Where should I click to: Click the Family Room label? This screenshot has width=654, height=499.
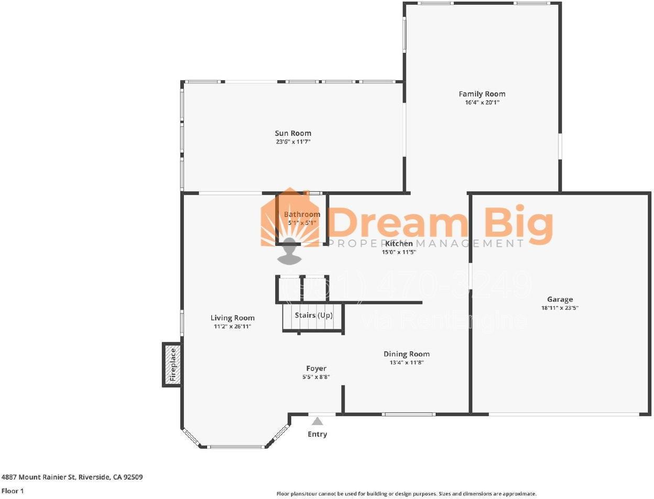pos(482,94)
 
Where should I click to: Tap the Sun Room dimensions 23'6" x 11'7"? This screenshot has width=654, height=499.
pos(293,142)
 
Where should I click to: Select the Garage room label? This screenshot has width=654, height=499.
pos(560,299)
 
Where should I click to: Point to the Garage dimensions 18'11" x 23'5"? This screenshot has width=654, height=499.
pos(560,308)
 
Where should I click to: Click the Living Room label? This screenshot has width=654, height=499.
pos(232,318)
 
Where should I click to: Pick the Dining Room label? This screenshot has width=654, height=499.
pos(406,354)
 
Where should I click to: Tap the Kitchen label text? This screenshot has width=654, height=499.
pos(399,243)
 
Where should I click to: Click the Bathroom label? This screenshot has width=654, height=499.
pos(302,214)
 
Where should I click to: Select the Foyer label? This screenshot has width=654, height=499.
pos(316,368)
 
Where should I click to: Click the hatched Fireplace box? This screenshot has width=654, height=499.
pos(172,364)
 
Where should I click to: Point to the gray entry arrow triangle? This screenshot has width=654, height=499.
pos(317,421)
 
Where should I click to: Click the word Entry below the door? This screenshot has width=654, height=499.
pos(317,434)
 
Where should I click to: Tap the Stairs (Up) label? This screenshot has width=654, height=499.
pos(313,315)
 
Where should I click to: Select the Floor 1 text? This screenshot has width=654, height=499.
pos(13,491)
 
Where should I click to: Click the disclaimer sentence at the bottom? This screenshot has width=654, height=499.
pos(406,494)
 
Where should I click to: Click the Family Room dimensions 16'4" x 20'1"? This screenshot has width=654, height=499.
pos(482,103)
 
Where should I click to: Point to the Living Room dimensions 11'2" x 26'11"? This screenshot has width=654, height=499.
pos(232,327)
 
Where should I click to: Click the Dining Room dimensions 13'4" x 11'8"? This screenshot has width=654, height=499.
pos(406,363)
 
